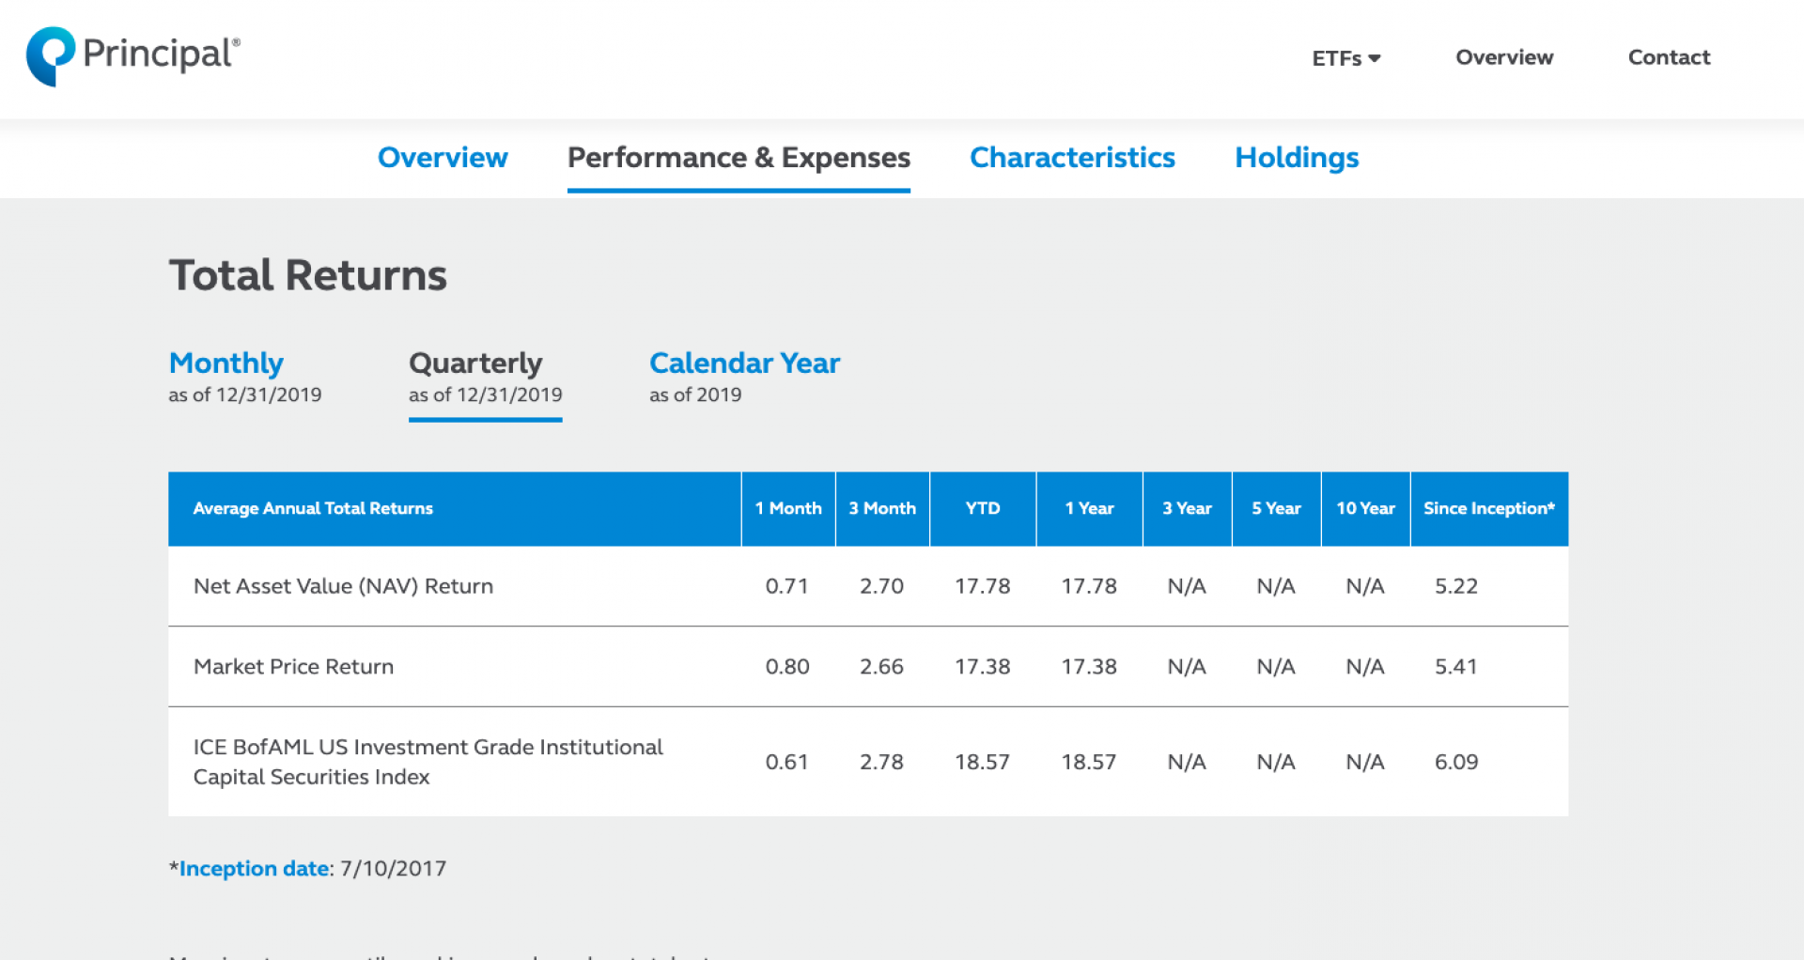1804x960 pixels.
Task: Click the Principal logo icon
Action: point(50,55)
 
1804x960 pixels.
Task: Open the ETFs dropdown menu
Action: point(1345,58)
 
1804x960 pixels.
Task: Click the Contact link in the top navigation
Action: point(1669,57)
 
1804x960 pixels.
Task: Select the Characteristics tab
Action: point(1072,158)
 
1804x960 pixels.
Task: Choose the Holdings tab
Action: point(1297,158)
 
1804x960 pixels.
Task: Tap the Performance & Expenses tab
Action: point(739,158)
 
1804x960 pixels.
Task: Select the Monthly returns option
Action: point(226,364)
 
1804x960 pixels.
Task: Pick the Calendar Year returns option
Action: point(744,364)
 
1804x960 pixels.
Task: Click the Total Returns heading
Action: point(308,275)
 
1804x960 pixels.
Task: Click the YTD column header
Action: point(983,508)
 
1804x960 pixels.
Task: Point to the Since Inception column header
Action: point(1488,508)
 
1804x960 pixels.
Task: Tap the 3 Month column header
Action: point(882,508)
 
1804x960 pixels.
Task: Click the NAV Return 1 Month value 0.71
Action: point(786,586)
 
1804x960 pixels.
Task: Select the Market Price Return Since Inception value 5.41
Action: point(1455,667)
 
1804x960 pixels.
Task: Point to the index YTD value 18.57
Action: point(982,762)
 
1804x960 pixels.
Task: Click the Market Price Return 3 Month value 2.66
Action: point(881,667)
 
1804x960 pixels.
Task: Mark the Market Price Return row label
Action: point(293,667)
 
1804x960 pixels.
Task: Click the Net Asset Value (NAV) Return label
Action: point(343,586)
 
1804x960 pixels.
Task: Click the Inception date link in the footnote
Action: point(254,869)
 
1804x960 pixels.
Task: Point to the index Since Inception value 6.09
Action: point(1455,762)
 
